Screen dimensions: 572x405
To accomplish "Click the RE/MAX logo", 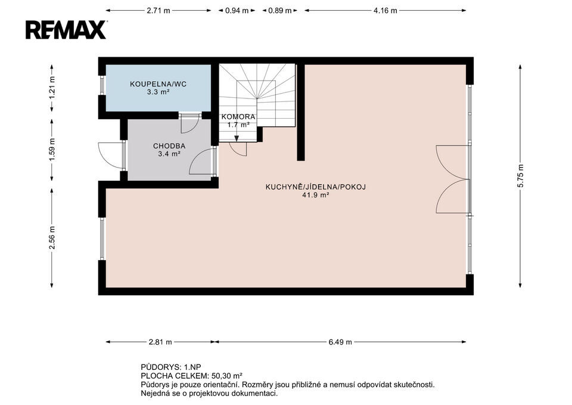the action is (66, 30).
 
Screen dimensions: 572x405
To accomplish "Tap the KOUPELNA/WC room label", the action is (158, 84).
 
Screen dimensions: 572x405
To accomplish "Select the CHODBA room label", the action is (169, 146).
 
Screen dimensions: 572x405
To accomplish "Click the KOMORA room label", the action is (238, 117).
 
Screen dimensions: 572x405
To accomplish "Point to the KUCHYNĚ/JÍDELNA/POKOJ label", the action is (316, 187).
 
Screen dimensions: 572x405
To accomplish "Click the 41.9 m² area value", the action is (316, 195).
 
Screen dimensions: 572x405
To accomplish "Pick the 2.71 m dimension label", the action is (158, 11).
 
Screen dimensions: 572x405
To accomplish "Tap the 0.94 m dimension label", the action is (237, 11).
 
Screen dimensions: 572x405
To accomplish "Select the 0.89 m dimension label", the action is (280, 11).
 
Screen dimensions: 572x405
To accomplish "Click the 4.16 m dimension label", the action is (385, 11).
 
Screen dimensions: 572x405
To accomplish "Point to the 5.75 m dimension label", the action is (520, 175).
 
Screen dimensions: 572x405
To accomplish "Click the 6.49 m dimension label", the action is (340, 342).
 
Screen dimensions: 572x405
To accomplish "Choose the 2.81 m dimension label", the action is (160, 342).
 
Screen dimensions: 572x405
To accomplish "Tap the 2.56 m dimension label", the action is (52, 238).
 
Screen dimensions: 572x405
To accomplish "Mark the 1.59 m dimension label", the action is (52, 150).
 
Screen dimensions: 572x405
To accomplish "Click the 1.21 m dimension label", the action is (52, 88).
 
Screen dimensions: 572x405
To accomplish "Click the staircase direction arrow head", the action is (237, 138).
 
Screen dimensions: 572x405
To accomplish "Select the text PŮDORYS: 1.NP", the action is (171, 367).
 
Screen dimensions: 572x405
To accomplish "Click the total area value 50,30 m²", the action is (227, 376).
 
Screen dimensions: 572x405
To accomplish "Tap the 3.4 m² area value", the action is (169, 154).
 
